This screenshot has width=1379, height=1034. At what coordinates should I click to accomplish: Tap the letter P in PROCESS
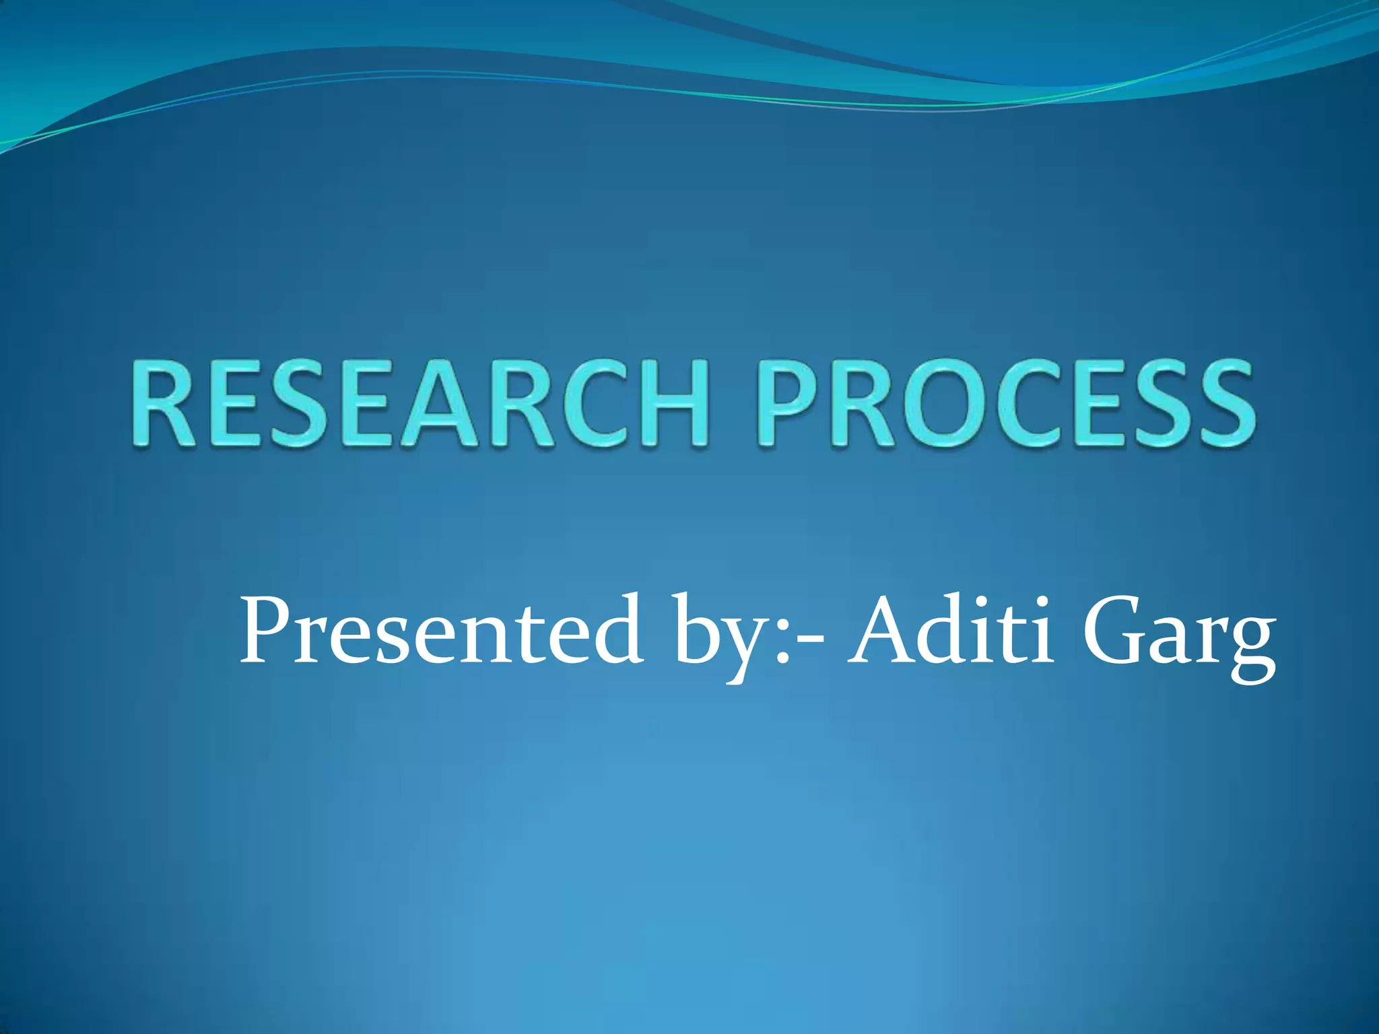tap(795, 404)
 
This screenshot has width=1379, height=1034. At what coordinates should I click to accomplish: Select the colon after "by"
tap(781, 643)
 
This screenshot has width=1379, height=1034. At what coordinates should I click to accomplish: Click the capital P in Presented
tap(269, 629)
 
